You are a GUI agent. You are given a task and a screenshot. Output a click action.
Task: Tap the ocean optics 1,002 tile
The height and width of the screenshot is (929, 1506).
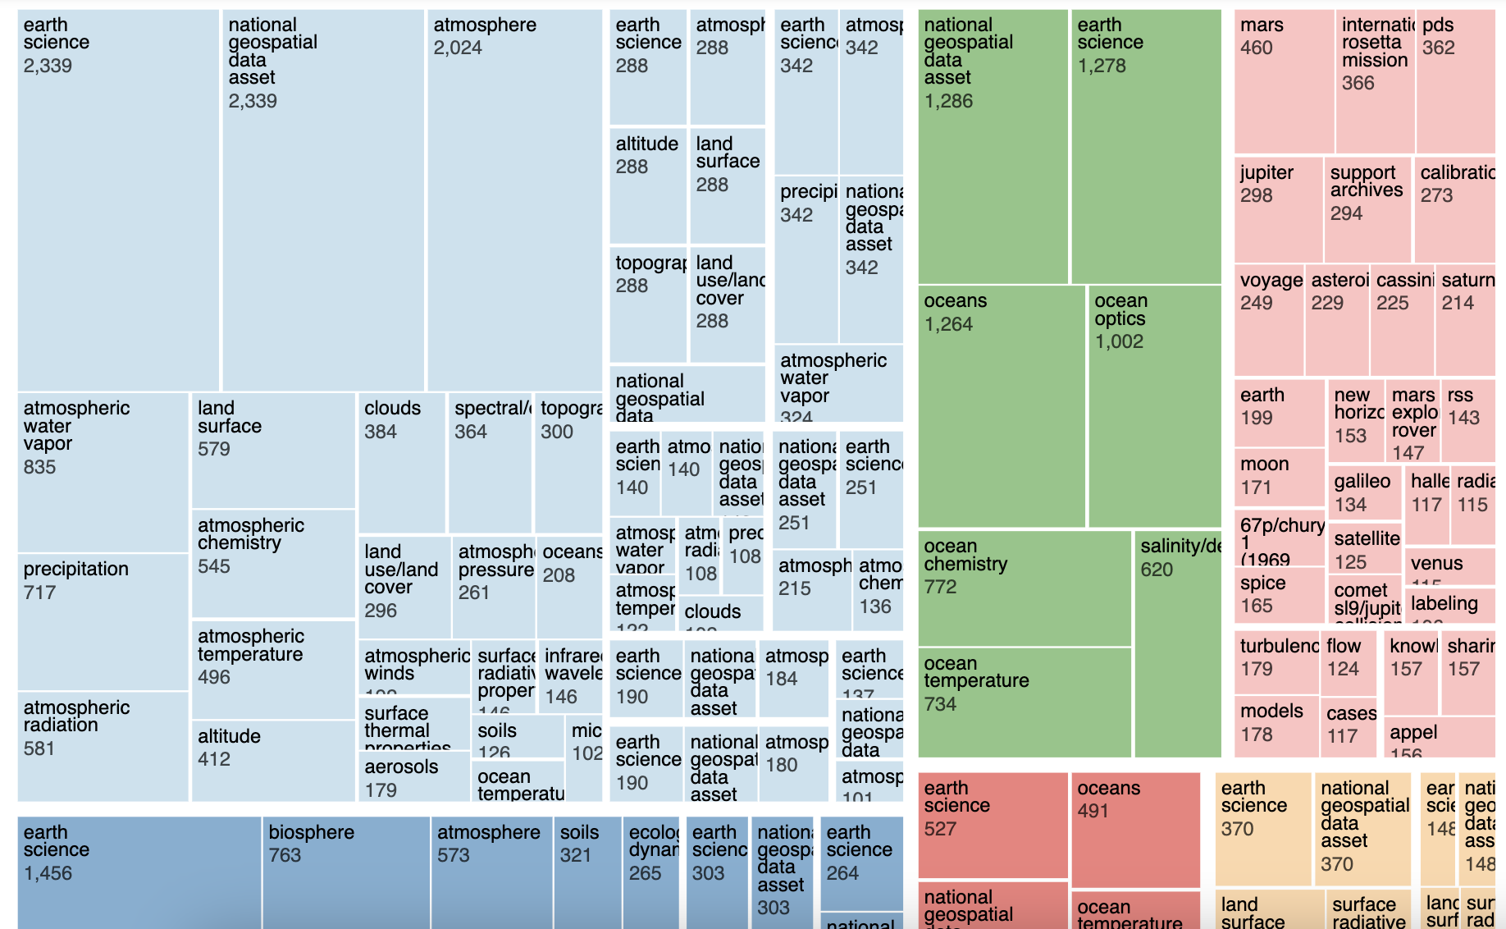[1154, 406]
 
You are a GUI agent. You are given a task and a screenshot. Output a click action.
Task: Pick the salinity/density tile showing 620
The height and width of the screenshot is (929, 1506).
[1178, 643]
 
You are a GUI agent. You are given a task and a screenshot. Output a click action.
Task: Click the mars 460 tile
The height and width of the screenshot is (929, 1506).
[1283, 81]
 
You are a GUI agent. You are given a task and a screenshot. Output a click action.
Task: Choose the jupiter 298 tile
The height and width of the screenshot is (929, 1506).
[1278, 209]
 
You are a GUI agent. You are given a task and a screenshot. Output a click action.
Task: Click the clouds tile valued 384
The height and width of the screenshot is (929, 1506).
[402, 463]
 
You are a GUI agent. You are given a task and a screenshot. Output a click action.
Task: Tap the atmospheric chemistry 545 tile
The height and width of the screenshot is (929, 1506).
[273, 563]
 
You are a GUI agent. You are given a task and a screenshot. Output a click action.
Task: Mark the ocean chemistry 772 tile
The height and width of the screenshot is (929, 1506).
[1025, 588]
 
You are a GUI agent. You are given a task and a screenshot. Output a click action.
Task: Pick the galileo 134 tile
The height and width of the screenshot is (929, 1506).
[1364, 492]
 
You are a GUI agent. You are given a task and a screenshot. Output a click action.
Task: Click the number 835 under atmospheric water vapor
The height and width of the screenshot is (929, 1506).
[40, 467]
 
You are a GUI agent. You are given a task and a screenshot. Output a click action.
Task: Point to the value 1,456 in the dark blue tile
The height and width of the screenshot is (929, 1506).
[48, 873]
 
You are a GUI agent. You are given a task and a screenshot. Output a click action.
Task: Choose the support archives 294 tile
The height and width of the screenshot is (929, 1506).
[1367, 209]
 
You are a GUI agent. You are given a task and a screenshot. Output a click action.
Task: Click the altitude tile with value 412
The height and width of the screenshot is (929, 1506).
[273, 760]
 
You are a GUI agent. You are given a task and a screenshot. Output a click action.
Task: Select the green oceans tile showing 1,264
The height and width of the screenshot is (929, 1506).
[1002, 406]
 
